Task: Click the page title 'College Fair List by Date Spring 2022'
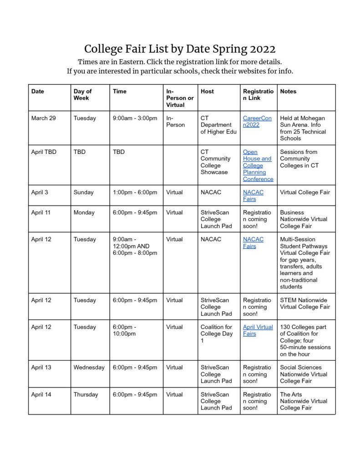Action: point(180,49)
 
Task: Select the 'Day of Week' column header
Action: point(82,95)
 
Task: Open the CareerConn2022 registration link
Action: point(257,122)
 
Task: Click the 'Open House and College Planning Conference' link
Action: point(258,165)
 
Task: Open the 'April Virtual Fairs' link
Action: point(258,330)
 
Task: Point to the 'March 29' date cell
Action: point(44,118)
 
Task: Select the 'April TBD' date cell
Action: point(44,152)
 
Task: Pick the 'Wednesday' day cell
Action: point(89,367)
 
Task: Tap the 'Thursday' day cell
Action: point(86,395)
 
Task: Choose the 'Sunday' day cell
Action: point(84,192)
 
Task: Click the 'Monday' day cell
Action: point(85,213)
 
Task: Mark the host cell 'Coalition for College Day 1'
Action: point(217,334)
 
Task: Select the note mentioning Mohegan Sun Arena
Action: point(303,128)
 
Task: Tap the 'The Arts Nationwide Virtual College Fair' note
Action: point(304,401)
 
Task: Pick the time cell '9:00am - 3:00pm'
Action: point(135,118)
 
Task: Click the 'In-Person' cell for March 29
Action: point(176,122)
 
